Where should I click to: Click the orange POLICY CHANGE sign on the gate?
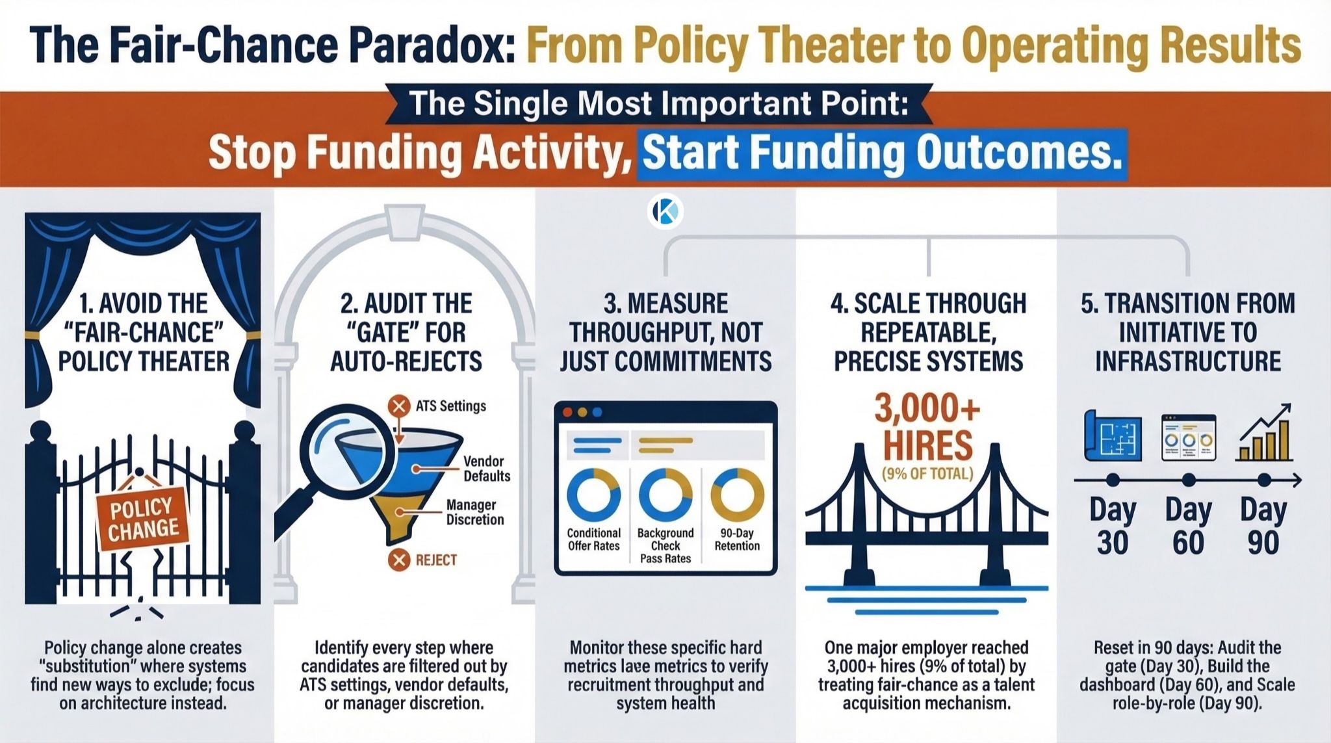point(142,518)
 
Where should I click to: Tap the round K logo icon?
point(665,211)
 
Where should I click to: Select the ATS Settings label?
point(450,406)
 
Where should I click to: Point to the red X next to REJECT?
point(398,560)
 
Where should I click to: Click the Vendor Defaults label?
point(486,469)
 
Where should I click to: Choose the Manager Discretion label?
point(474,512)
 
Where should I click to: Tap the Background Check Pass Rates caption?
point(665,545)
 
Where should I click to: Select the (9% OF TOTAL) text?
point(927,473)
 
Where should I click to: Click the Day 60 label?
point(1188,526)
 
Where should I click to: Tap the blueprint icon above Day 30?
point(1113,436)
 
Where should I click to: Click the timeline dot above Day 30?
point(1113,480)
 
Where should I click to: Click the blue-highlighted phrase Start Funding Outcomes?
point(881,153)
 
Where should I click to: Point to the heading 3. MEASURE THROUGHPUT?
point(665,332)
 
